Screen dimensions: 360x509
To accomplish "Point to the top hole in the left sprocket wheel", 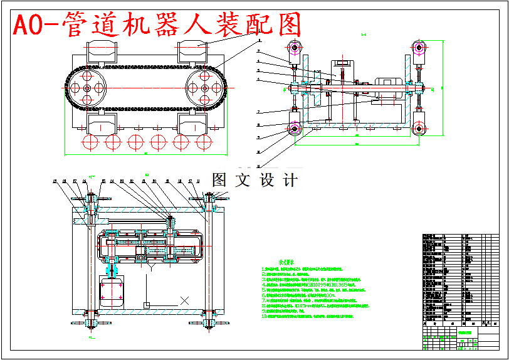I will [x=87, y=75].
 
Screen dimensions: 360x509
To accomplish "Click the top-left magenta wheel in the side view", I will [x=294, y=48].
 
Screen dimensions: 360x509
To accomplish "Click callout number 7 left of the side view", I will [x=258, y=112].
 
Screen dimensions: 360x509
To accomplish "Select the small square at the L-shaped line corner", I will [x=146, y=305].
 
